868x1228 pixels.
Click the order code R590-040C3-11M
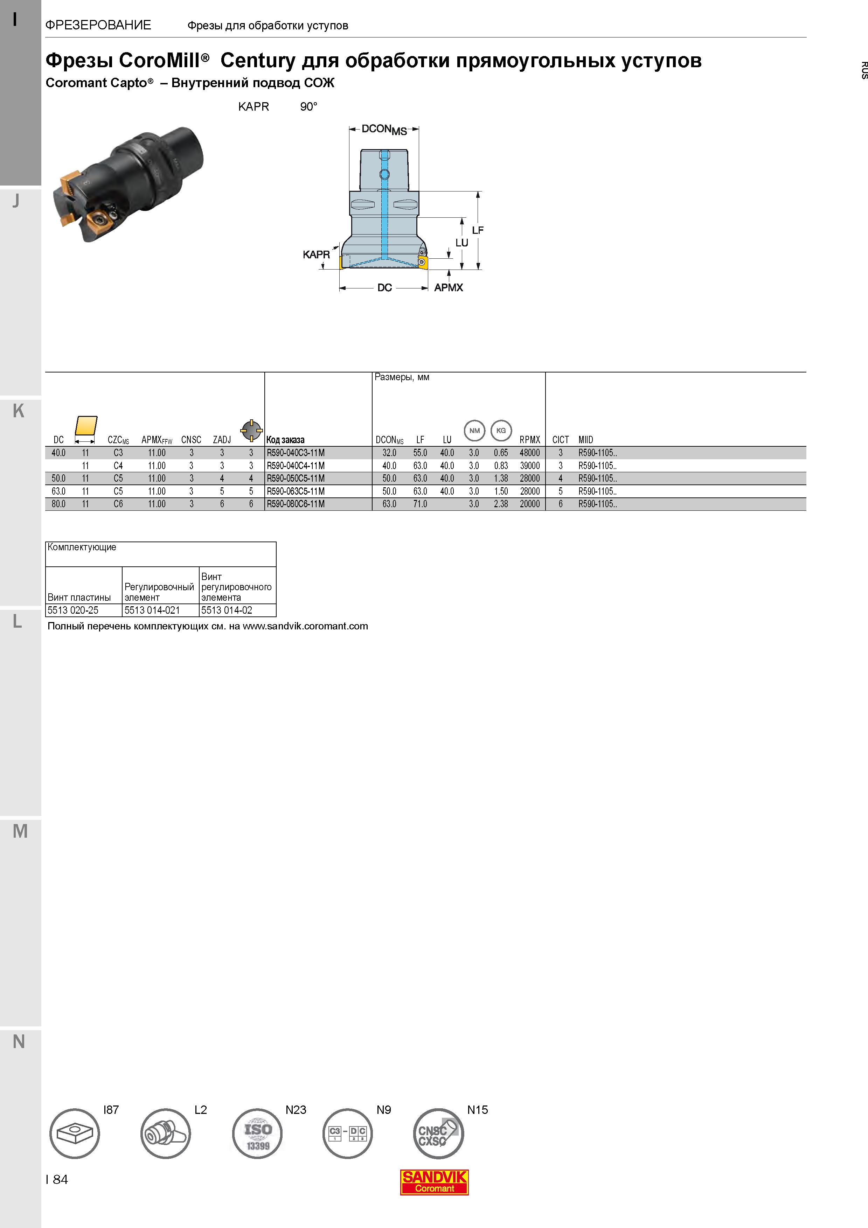click(x=296, y=453)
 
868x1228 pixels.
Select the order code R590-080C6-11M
click(x=296, y=504)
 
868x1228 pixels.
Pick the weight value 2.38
click(x=501, y=504)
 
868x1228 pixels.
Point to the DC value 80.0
click(x=58, y=504)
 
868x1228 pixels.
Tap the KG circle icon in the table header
click(x=501, y=431)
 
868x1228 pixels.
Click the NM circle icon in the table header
click(x=474, y=431)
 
